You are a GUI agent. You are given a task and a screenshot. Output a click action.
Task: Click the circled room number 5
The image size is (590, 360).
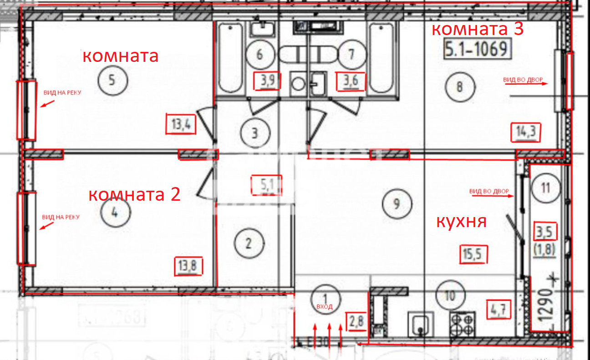pyautogui.click(x=112, y=81)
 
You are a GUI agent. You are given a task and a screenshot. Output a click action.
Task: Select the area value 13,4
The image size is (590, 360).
pyautogui.click(x=181, y=124)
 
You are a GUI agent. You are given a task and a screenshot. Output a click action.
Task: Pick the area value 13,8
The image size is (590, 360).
pyautogui.click(x=188, y=266)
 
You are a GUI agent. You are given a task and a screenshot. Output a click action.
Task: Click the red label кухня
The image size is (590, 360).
pyautogui.click(x=462, y=222)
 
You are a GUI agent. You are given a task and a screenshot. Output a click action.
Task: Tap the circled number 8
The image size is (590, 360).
pyautogui.click(x=459, y=86)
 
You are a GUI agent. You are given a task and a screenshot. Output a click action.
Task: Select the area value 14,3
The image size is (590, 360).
pyautogui.click(x=525, y=132)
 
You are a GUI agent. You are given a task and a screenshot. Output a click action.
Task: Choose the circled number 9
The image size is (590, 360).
pyautogui.click(x=397, y=203)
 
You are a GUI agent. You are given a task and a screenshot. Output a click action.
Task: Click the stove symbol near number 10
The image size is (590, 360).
pyautogui.click(x=463, y=324)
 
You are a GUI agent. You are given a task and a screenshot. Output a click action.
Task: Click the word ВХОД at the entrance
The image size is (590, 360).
pyautogui.click(x=325, y=307)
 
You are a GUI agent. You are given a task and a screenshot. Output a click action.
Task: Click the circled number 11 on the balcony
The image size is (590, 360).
pyautogui.click(x=546, y=188)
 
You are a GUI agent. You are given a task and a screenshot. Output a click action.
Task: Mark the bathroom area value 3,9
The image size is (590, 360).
pyautogui.click(x=266, y=82)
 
